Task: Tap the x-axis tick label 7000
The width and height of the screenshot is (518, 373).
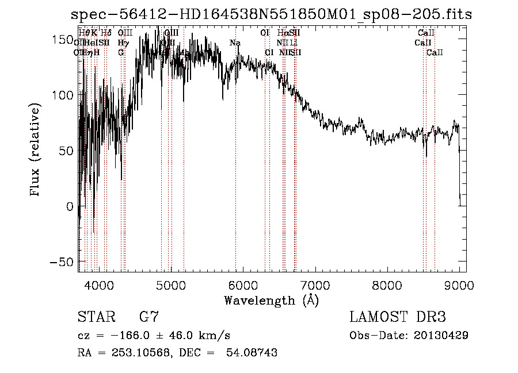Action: (314, 284)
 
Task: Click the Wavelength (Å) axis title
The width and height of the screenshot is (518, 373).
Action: (271, 300)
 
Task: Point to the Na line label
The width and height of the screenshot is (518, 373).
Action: (235, 43)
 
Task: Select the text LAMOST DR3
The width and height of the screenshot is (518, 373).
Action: (398, 317)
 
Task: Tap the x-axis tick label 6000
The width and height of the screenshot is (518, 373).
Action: (242, 284)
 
